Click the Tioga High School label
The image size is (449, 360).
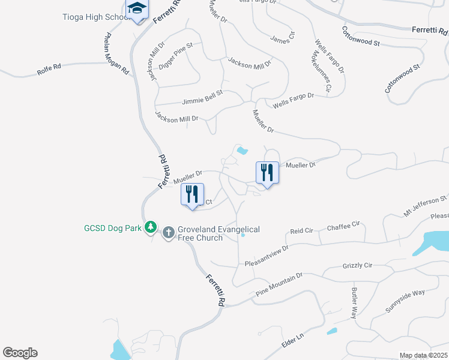pos(96,17)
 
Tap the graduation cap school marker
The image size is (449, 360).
pos(137,10)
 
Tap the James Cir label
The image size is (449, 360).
pos(283,38)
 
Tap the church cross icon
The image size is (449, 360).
pos(169,232)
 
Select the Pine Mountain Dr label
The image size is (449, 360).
pos(279,284)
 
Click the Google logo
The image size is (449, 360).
pos(20,353)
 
